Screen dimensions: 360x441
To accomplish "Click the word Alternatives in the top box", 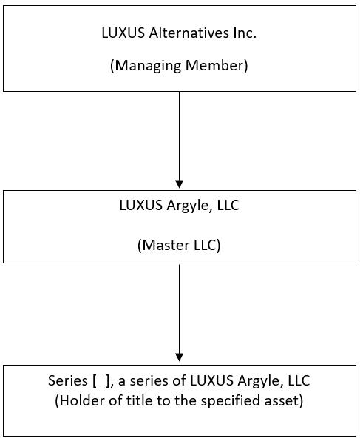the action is click(x=189, y=33).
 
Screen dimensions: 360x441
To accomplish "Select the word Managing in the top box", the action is click(x=146, y=66).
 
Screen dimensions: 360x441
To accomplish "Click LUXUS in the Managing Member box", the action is click(x=123, y=33).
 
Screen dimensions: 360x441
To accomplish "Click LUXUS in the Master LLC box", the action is click(x=141, y=205).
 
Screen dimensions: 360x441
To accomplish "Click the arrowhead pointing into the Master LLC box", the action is click(x=180, y=184).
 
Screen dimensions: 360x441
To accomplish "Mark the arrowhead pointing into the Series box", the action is click(x=180, y=357).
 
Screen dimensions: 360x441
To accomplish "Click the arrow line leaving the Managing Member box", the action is click(x=180, y=136).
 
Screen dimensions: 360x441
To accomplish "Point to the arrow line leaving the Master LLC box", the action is click(x=180, y=309).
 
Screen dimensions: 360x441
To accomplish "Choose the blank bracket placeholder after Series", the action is click(x=101, y=381).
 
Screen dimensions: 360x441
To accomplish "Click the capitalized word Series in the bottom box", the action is click(x=68, y=380).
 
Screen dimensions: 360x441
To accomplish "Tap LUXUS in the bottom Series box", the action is click(x=212, y=380).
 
